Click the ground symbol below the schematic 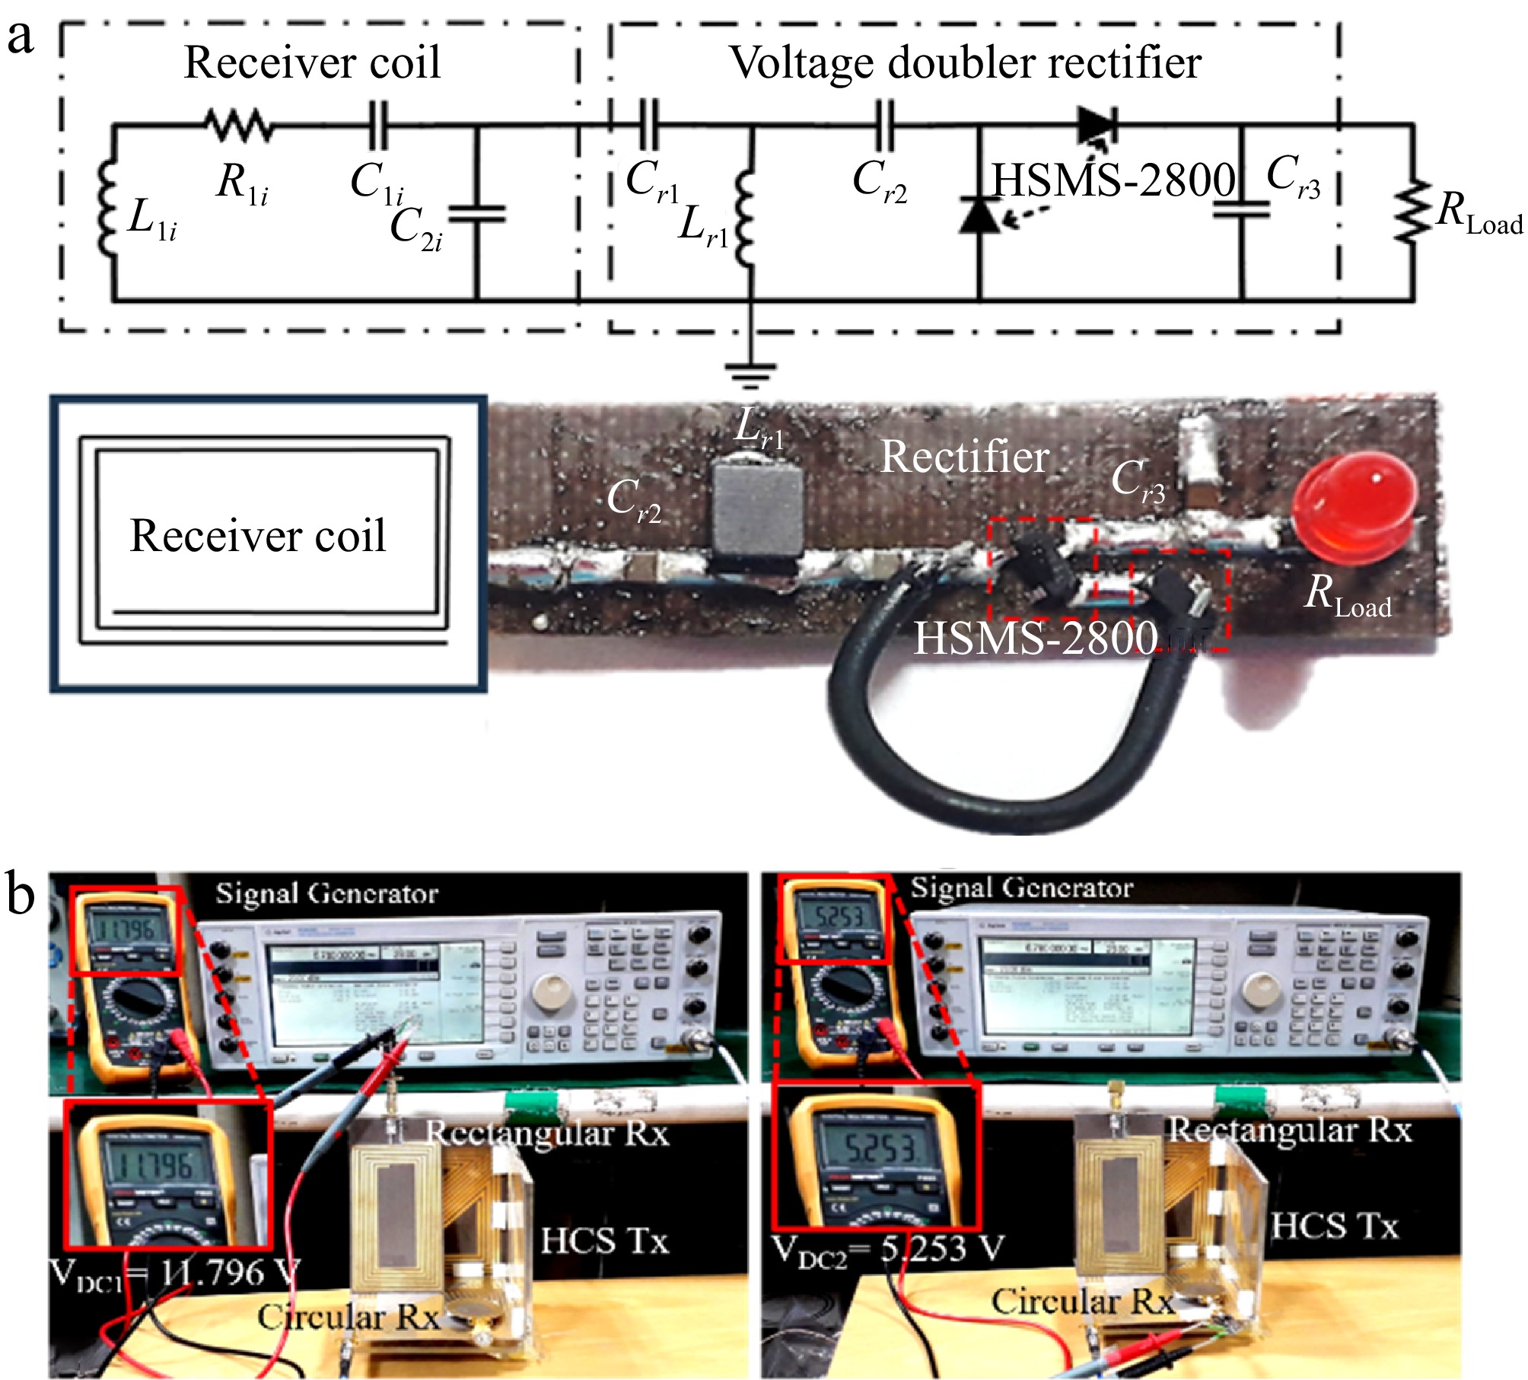click(750, 371)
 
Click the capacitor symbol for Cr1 click(648, 124)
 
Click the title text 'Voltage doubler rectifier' click(965, 62)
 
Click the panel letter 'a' click(21, 37)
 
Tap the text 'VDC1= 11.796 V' click(175, 1273)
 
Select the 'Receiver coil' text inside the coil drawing click(258, 536)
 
